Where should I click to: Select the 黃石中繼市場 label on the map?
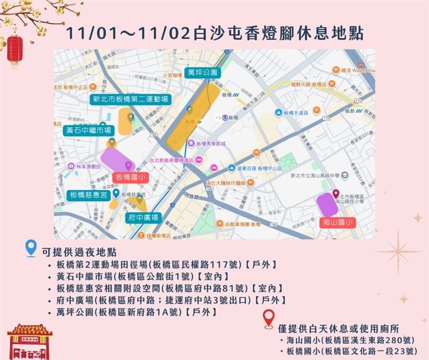tap(88, 130)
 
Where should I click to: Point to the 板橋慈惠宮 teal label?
tap(88, 194)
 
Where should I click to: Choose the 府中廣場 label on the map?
tap(143, 218)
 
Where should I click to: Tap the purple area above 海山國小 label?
tap(328, 204)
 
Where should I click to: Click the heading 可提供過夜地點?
tap(79, 252)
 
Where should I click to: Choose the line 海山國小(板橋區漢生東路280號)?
tap(350, 341)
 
